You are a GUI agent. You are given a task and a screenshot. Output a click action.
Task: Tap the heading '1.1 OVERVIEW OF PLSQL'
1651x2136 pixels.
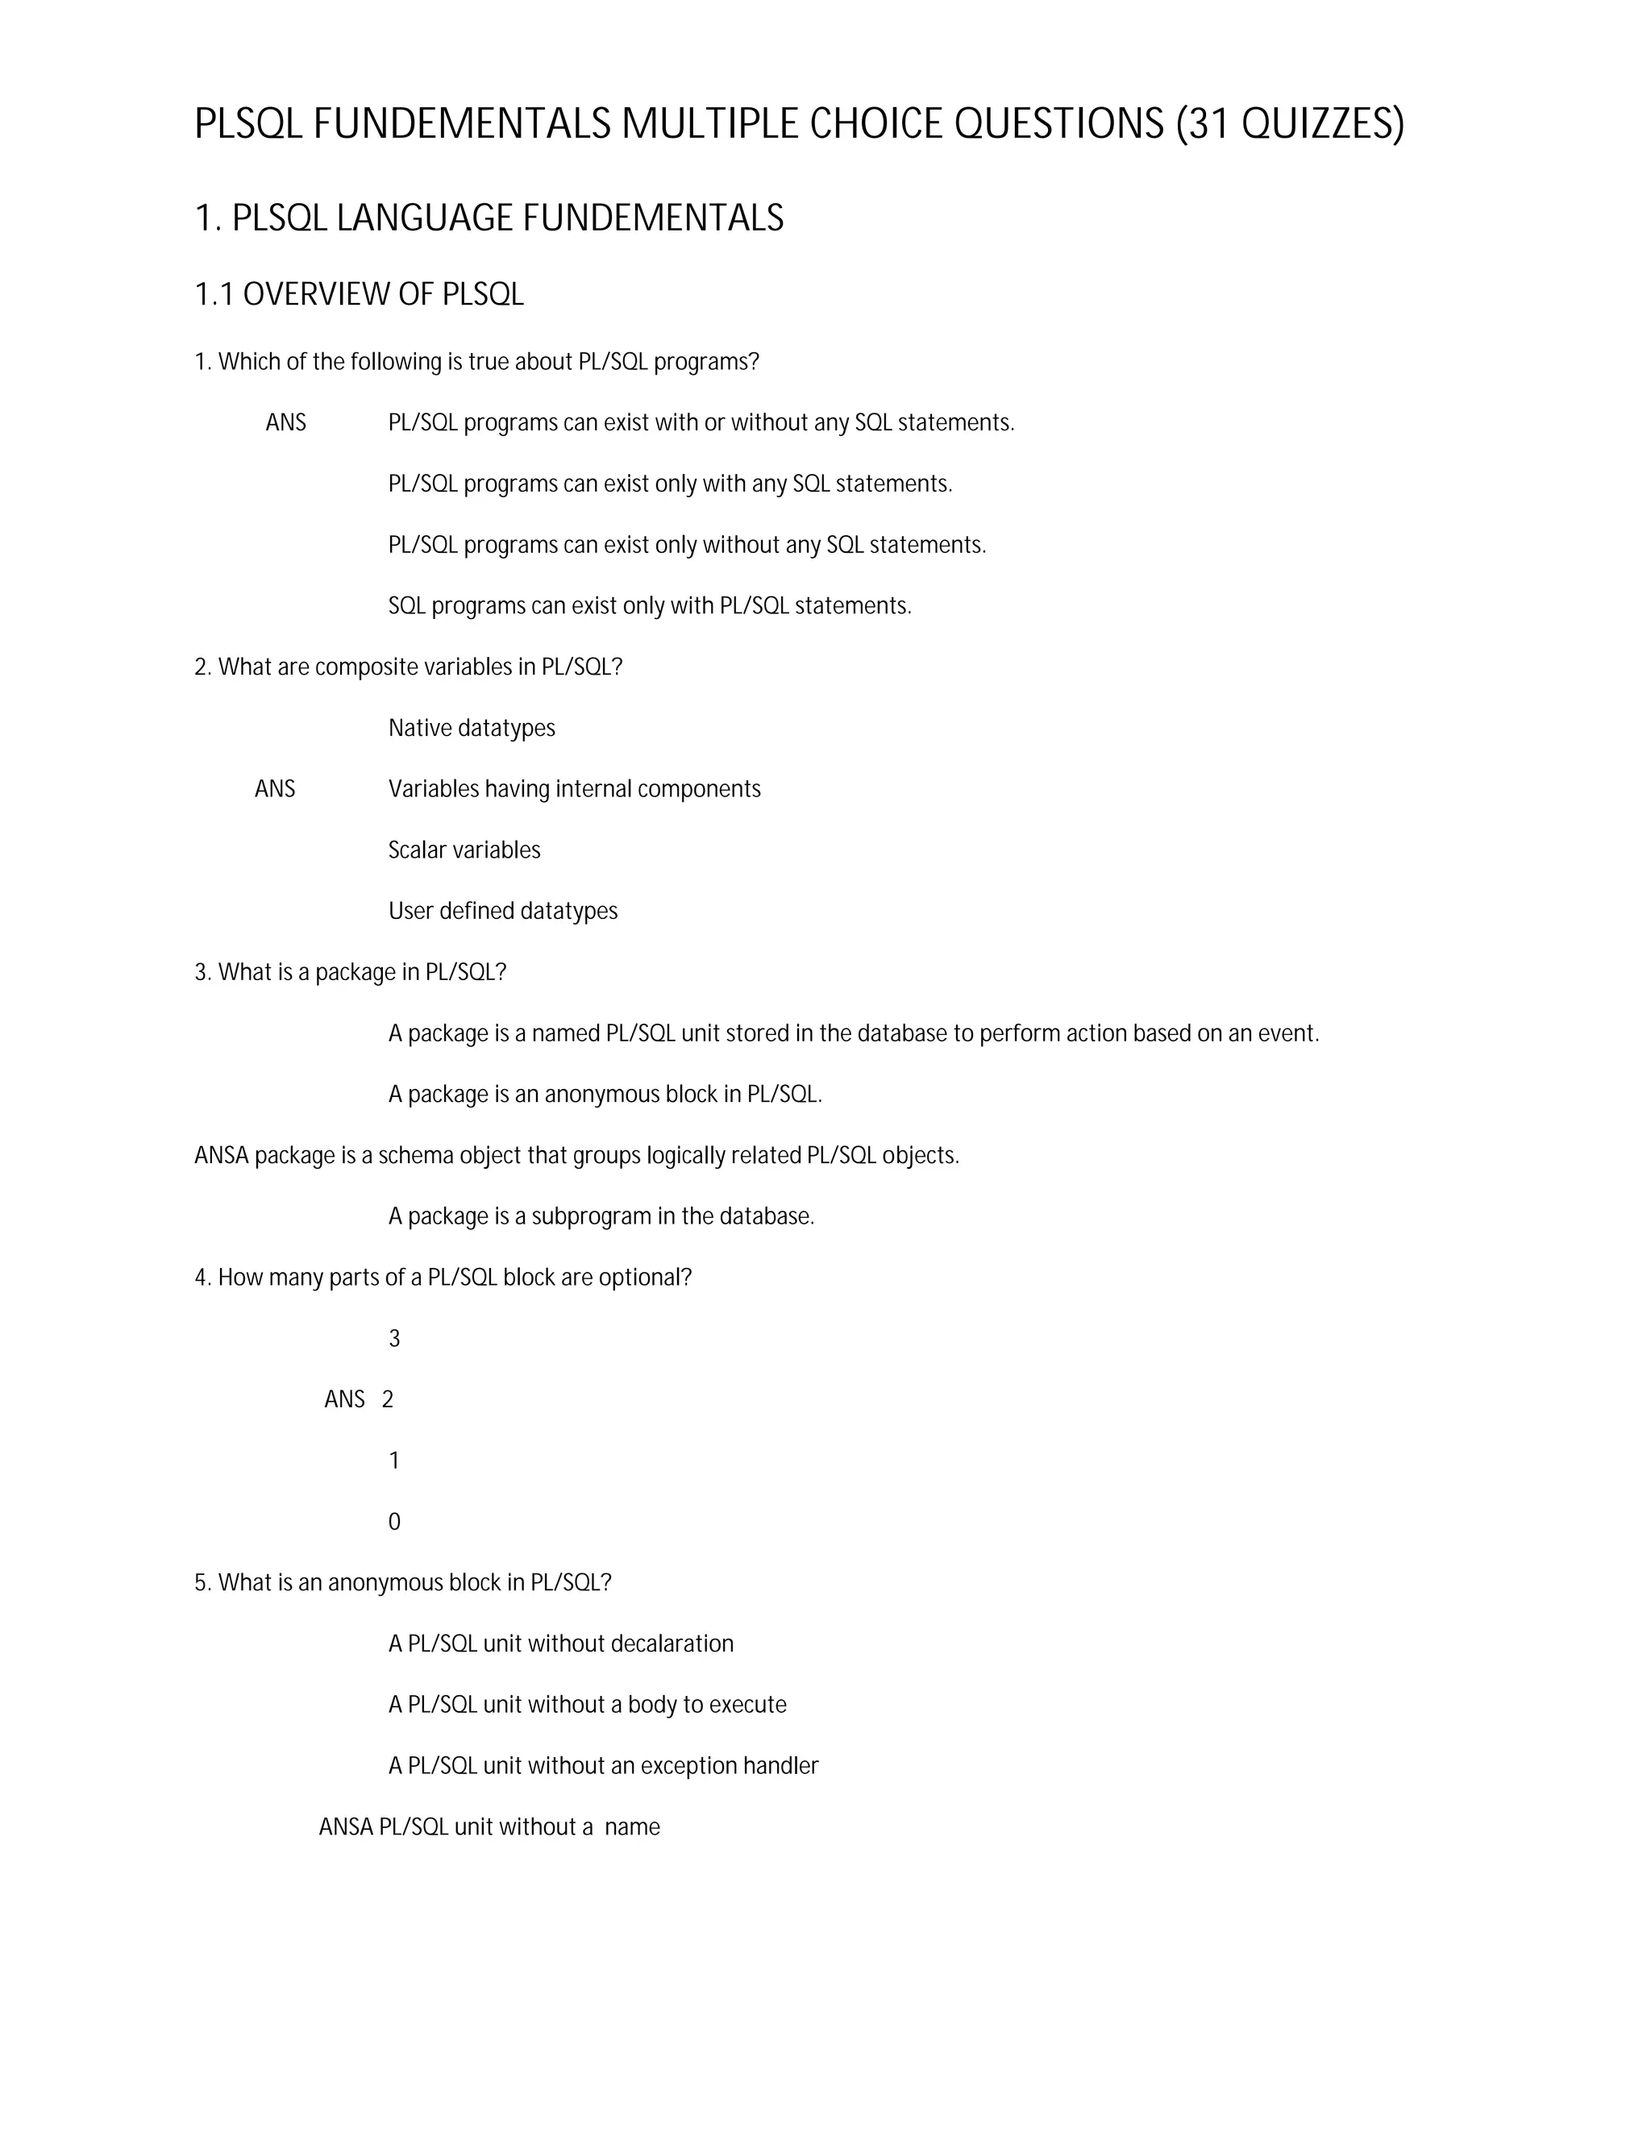[x=359, y=294]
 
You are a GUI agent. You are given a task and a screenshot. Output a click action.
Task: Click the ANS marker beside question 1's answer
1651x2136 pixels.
[x=285, y=422]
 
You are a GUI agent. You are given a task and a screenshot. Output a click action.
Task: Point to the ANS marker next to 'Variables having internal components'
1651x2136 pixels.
[x=275, y=789]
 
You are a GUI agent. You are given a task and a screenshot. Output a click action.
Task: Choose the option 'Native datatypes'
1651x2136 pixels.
[x=472, y=729]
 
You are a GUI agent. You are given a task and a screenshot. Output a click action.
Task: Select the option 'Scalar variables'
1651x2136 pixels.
[x=464, y=850]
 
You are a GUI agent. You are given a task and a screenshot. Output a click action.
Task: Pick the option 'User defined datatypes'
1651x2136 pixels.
[x=503, y=912]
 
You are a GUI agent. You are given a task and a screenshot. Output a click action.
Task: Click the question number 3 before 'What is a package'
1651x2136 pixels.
[x=201, y=972]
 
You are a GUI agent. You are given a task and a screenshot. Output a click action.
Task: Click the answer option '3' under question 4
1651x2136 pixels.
[x=394, y=1339]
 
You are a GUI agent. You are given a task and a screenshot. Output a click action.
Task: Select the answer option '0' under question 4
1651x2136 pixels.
[x=394, y=1522]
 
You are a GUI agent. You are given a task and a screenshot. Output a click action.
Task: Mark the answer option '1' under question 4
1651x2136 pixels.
[x=394, y=1461]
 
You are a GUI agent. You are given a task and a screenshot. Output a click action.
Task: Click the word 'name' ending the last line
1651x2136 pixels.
[x=632, y=1827]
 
